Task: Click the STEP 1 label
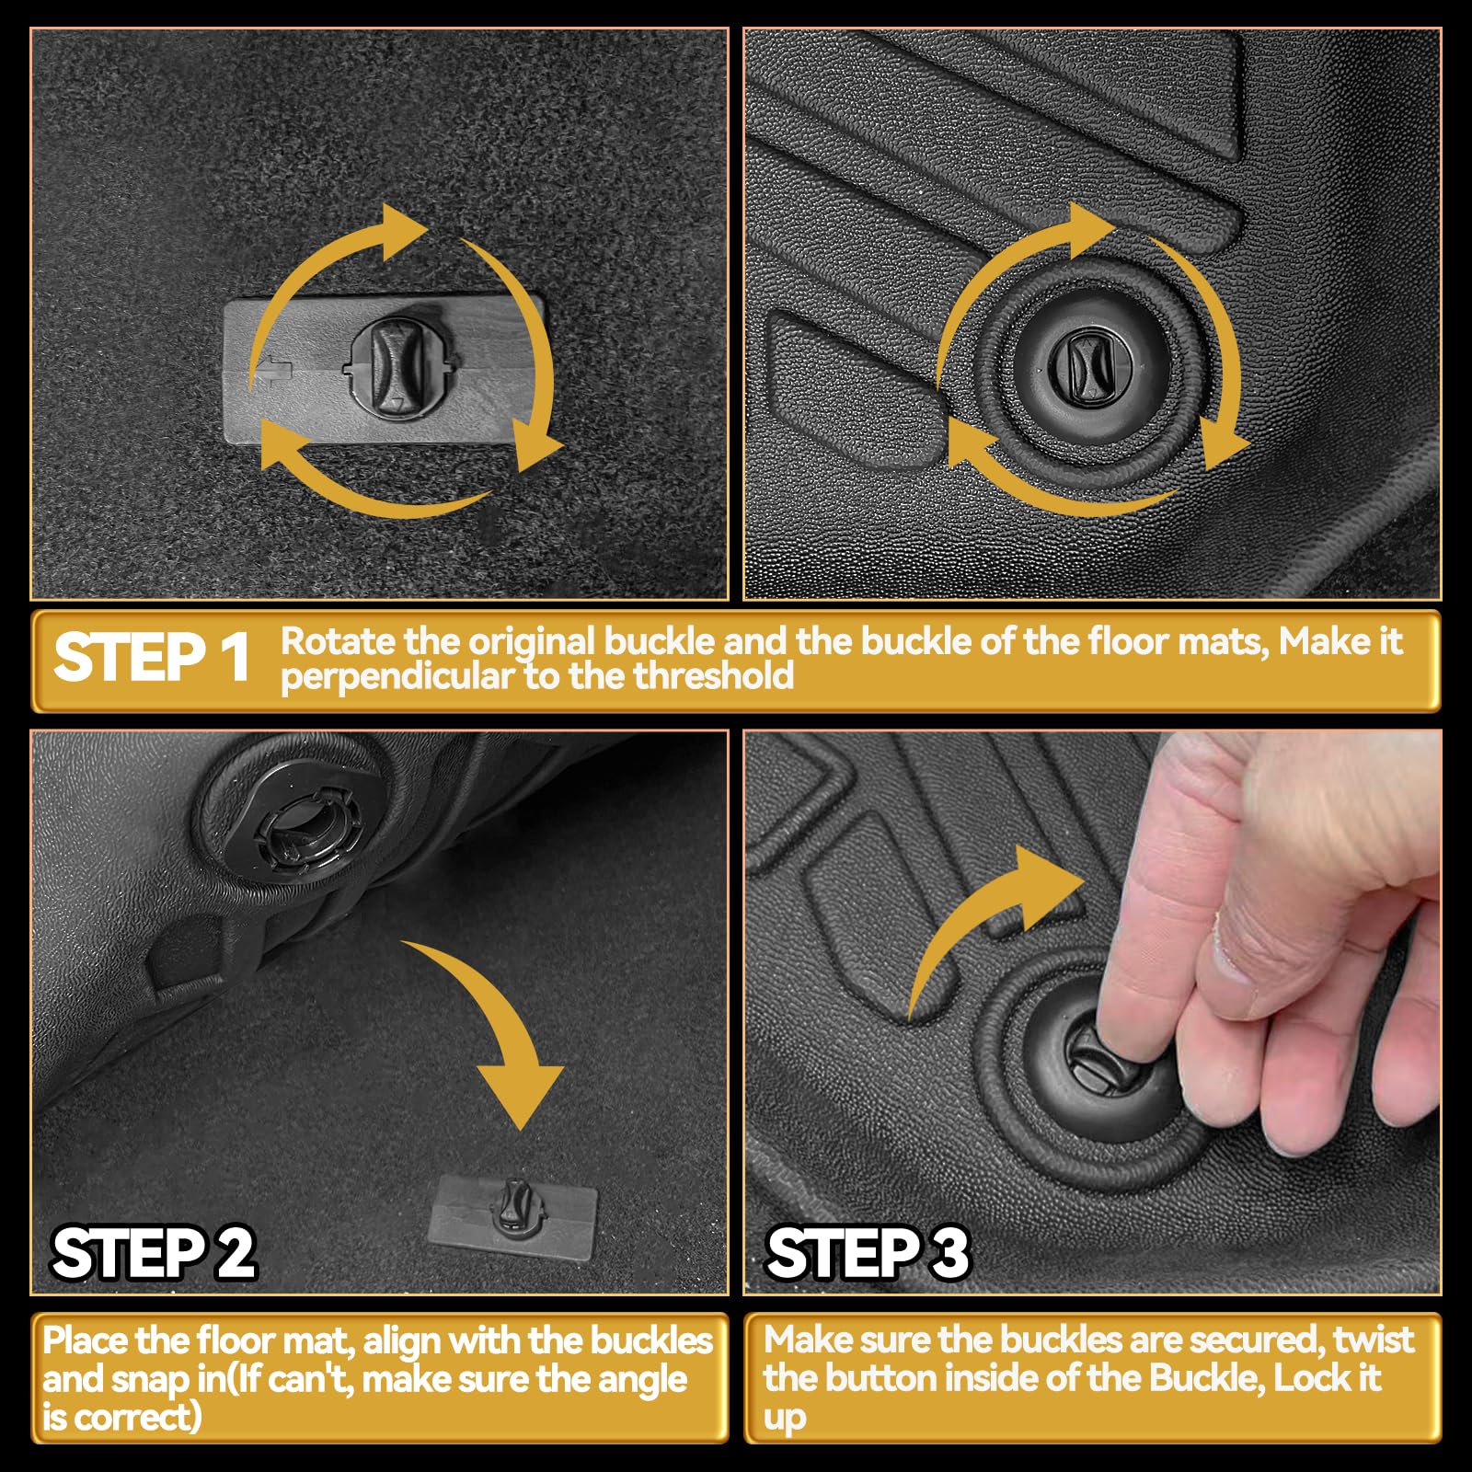[x=152, y=658]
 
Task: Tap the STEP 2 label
[x=154, y=1253]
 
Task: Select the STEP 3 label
[x=868, y=1253]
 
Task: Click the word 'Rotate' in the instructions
[x=338, y=641]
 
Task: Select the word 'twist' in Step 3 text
[x=1374, y=1340]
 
